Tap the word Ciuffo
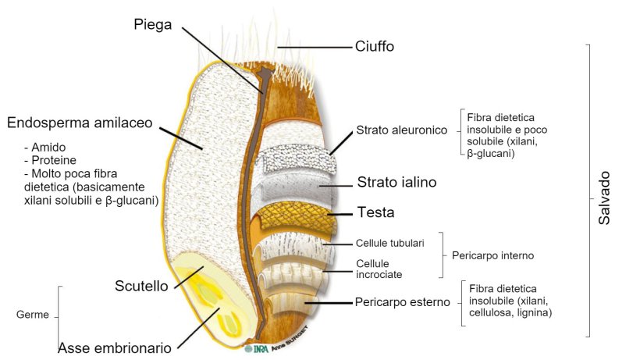[x=374, y=47]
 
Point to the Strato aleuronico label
[x=400, y=130]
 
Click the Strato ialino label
[x=396, y=183]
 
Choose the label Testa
[x=376, y=212]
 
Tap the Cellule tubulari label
[x=389, y=244]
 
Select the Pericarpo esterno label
[x=402, y=301]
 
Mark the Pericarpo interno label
[x=492, y=255]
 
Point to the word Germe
[x=33, y=315]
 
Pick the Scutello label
[x=141, y=287]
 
